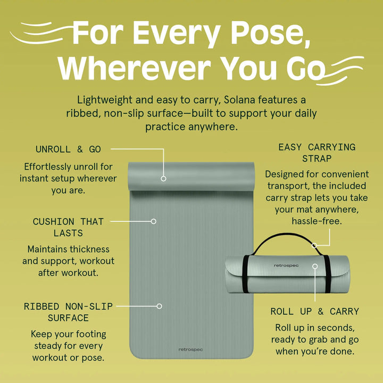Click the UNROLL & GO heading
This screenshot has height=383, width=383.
(x=68, y=149)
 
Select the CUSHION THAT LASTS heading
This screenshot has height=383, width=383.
(x=68, y=227)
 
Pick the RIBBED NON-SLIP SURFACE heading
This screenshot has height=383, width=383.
(x=68, y=312)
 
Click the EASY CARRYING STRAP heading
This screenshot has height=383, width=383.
(x=317, y=153)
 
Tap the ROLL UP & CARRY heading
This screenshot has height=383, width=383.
(x=315, y=311)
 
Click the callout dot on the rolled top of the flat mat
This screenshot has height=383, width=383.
(x=163, y=179)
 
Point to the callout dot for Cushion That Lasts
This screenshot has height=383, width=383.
(x=153, y=221)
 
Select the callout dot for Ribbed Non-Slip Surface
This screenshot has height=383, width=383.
(x=159, y=306)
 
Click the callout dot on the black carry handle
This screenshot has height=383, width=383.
(x=314, y=245)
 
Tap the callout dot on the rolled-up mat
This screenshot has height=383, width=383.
(x=315, y=266)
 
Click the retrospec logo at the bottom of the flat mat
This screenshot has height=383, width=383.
(x=190, y=349)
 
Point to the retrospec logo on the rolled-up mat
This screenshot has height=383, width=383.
(x=286, y=265)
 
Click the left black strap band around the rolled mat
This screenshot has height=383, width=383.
(x=246, y=274)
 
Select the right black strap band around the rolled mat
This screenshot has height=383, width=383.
(x=327, y=274)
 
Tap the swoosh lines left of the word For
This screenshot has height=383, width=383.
(x=41, y=32)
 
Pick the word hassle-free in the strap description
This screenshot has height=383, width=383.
(x=317, y=221)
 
